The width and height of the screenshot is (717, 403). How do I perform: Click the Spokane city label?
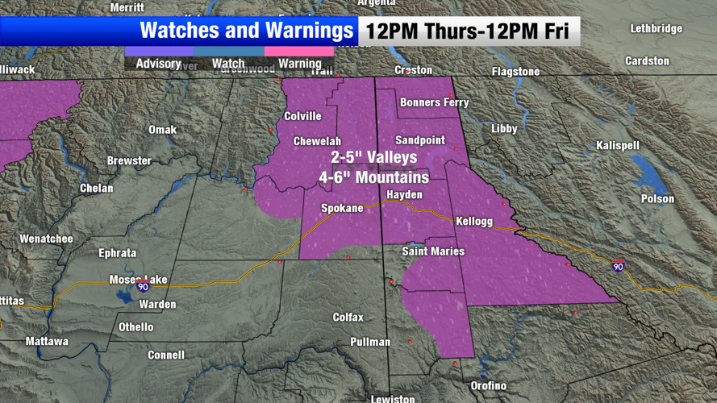[x=342, y=208]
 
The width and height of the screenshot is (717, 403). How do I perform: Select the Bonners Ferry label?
[x=434, y=102]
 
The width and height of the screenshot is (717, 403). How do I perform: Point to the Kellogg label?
[x=474, y=220]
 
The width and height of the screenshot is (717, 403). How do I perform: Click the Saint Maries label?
[x=433, y=251]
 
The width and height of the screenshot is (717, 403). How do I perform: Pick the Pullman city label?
[x=370, y=342]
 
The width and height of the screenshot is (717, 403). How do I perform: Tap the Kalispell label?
[x=618, y=145]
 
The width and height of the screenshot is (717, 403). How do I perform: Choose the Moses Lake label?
[x=138, y=280]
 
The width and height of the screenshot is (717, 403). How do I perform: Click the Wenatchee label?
[x=46, y=239]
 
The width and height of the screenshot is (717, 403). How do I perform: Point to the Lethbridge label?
[x=656, y=28]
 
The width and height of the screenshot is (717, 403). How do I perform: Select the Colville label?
[x=302, y=116]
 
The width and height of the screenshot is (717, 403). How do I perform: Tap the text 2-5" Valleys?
[x=373, y=157]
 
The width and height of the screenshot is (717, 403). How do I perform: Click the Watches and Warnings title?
[x=247, y=31]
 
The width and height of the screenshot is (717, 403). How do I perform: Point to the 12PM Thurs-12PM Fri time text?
[x=468, y=31]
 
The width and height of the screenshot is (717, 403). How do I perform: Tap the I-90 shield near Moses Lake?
[x=143, y=286]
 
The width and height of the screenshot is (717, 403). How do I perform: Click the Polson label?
[x=657, y=198]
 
